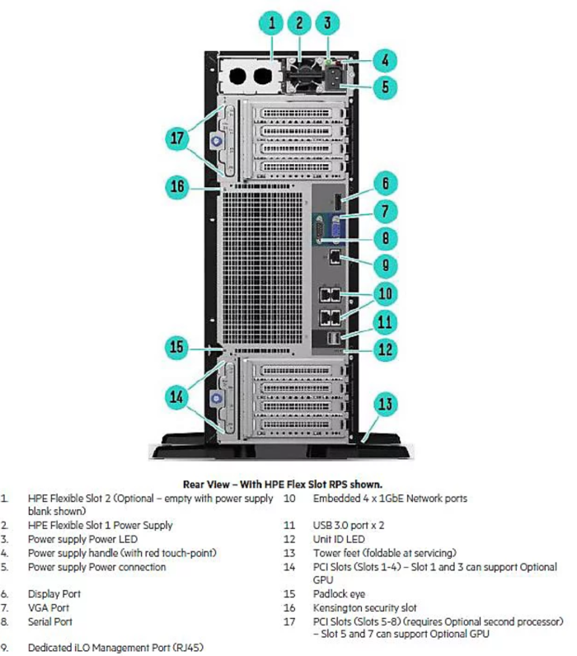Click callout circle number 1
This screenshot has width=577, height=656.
coord(271,23)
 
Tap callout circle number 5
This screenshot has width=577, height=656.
coord(384,86)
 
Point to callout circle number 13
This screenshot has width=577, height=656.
coord(384,404)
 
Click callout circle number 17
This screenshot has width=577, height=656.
coord(177,138)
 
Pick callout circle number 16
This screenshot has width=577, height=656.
coord(177,187)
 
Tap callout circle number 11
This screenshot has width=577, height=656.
coord(384,321)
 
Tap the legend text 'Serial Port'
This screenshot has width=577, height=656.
coord(50,621)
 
